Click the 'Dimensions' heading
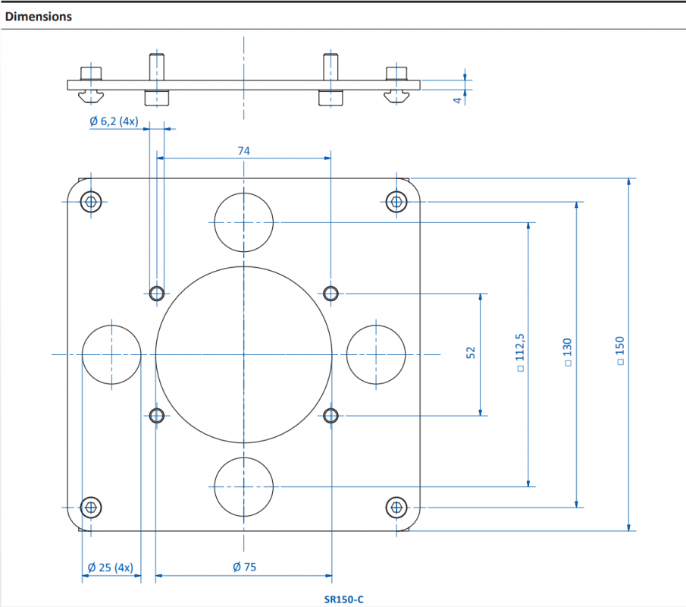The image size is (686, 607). pos(39,17)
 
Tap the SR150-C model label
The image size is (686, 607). pos(344,599)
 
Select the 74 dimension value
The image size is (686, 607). pos(243,151)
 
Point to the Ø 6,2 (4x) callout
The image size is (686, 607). pos(114,121)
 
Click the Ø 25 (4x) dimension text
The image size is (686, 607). pos(110,568)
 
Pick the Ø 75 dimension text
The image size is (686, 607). pos(245,567)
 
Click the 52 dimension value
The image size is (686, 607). pos(471,353)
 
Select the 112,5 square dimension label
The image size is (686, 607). pos(520,353)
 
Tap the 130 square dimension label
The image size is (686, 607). pos(568,352)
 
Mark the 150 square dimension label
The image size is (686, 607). pos(619,351)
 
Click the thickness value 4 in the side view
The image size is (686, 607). pos(458,100)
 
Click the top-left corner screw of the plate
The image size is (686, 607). pos(91,202)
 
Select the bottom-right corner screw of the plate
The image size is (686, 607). pos(396,508)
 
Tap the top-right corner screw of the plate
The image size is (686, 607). pos(396,202)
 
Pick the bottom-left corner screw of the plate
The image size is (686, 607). pos(91,508)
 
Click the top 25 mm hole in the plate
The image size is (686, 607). pos(243,193)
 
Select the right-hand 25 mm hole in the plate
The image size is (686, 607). pos(376,326)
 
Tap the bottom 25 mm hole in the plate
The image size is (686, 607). pos(243,458)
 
